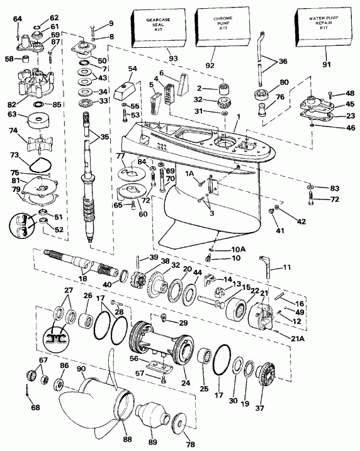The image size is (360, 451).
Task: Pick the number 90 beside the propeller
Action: tap(81, 369)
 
